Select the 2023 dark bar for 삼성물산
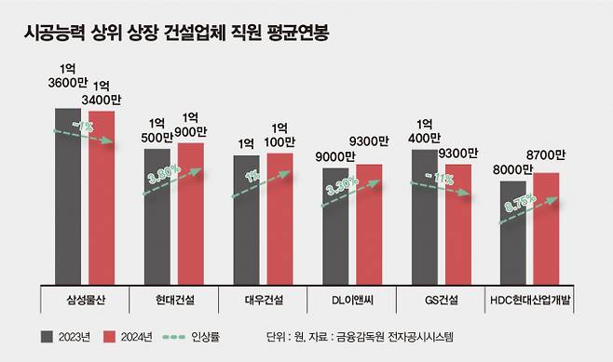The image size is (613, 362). click(68, 195)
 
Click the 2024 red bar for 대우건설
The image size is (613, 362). click(279, 218)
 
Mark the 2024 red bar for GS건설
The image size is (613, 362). click(457, 224)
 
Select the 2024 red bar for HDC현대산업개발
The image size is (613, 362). click(547, 229)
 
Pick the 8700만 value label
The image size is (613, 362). click(548, 155)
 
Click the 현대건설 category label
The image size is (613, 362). click(174, 300)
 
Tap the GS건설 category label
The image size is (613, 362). click(442, 300)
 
